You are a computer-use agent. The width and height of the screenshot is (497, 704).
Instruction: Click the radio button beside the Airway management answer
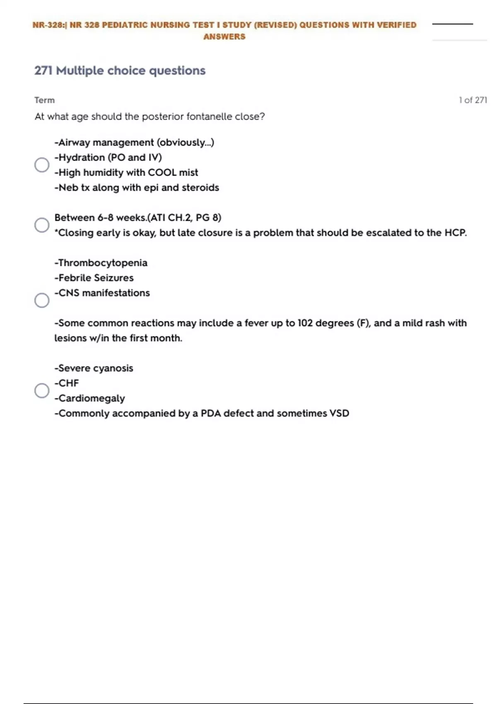[x=42, y=165]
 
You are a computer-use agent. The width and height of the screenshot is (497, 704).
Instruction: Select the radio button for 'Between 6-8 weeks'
[x=42, y=225]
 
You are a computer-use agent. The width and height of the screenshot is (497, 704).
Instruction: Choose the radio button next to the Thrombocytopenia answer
[x=42, y=300]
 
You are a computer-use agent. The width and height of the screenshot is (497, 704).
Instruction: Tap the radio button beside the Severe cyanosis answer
[x=42, y=391]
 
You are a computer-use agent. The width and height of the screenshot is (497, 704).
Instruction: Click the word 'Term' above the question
[x=44, y=100]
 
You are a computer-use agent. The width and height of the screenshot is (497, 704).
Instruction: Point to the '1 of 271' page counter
[x=473, y=100]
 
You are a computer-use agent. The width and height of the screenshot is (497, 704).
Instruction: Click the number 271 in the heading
[x=43, y=71]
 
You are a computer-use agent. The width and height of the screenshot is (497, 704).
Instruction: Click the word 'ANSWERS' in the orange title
[x=224, y=37]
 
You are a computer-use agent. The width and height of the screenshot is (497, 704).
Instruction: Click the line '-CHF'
[x=67, y=383]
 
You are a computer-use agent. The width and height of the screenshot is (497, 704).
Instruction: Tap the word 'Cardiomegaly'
[x=92, y=398]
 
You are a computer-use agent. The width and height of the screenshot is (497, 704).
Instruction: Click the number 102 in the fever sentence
[x=305, y=323]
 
